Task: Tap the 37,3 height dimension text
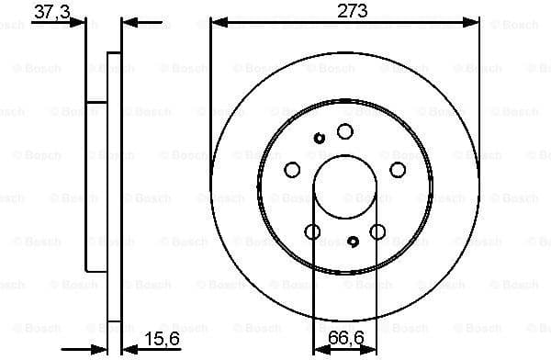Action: tap(51, 11)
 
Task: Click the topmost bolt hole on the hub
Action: tap(344, 131)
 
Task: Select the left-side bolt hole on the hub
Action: tap(292, 169)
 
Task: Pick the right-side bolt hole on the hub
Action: tap(398, 169)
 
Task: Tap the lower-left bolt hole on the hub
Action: tap(312, 231)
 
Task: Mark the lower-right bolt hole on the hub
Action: tap(377, 231)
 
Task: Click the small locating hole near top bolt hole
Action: tap(320, 139)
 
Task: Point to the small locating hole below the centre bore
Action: tap(354, 242)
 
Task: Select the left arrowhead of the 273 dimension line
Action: tap(217, 23)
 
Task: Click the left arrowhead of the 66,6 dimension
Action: tap(319, 349)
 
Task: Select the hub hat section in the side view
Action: tap(96, 184)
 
